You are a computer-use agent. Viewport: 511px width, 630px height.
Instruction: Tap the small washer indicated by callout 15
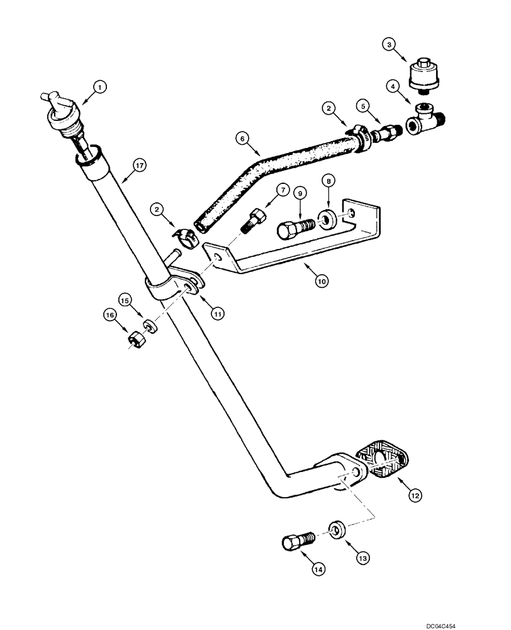pyautogui.click(x=150, y=327)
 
